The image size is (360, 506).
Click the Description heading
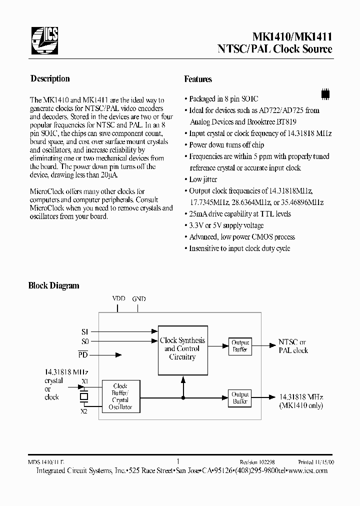point(50,78)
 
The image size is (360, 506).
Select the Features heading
point(198,79)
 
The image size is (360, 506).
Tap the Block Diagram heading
point(53,285)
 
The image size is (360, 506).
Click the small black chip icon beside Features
point(325,93)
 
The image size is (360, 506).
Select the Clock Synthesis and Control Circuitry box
point(182,349)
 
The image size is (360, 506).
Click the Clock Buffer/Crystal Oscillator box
point(120,396)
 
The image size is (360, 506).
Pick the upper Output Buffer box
point(240,346)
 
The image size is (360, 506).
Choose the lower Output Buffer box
point(240,398)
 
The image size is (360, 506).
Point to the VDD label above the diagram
point(118,298)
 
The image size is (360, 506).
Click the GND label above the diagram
point(139,298)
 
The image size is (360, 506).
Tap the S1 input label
point(84,331)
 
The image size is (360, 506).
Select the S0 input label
point(84,341)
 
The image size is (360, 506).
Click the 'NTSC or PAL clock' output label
point(293,346)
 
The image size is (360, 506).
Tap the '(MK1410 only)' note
point(301,405)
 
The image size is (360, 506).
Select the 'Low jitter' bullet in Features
point(203,179)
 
